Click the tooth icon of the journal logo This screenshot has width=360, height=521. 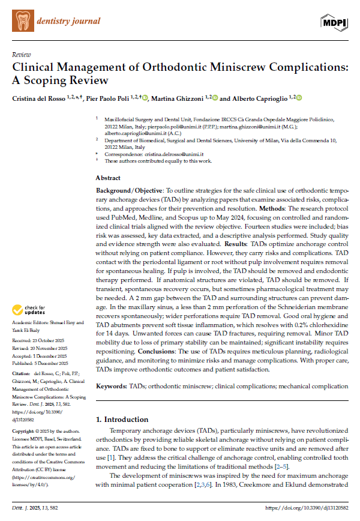coord(22,20)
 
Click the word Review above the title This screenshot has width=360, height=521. coord(22,55)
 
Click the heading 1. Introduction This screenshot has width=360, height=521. coord(124,419)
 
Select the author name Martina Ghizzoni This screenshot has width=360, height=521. coord(180,98)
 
